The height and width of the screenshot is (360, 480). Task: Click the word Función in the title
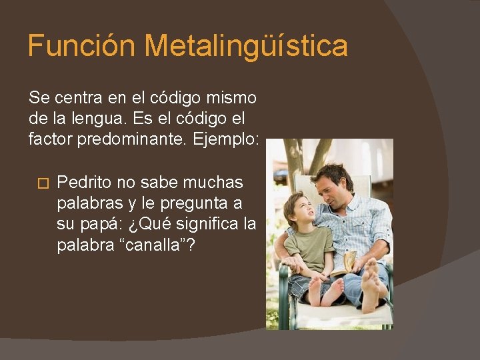pyautogui.click(x=82, y=46)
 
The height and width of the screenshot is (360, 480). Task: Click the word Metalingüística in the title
pyautogui.click(x=246, y=46)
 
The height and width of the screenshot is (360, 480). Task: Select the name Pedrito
pyautogui.click(x=84, y=183)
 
